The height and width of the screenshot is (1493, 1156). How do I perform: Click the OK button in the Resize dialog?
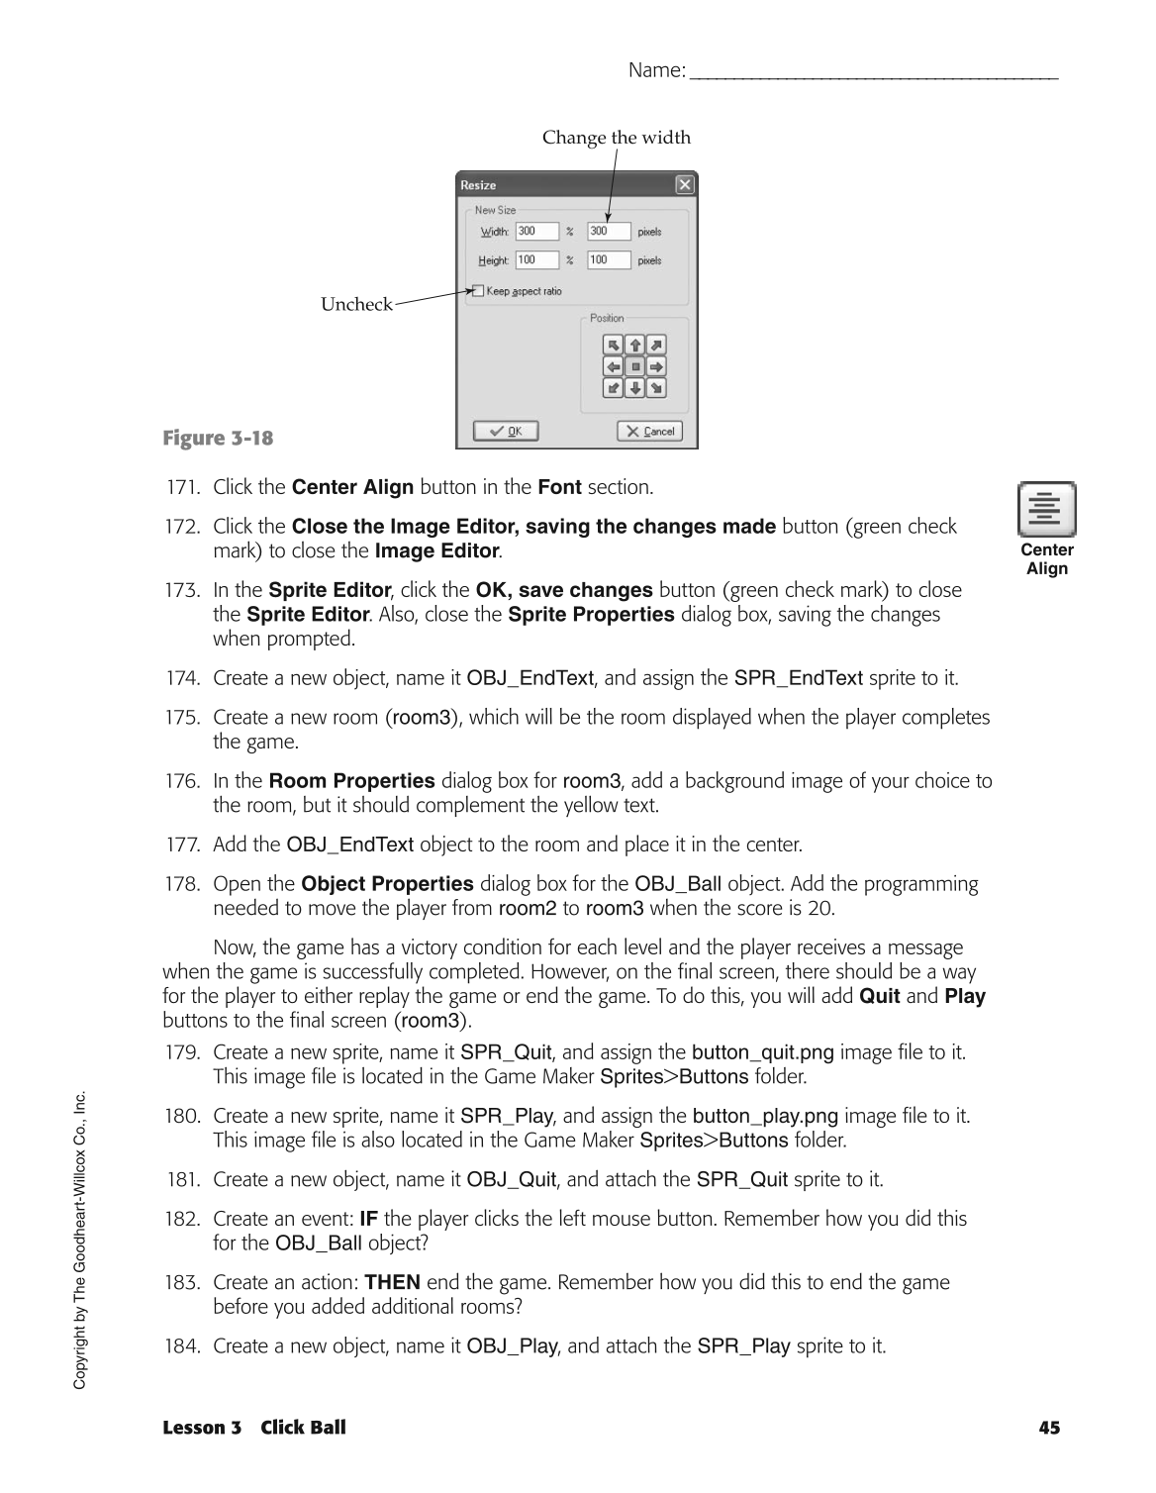(505, 431)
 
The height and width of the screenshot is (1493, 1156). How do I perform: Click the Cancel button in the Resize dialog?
(649, 431)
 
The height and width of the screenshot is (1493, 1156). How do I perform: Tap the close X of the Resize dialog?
(685, 185)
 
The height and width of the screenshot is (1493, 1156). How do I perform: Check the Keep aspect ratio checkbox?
(478, 291)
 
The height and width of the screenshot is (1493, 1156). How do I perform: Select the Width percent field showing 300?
(536, 231)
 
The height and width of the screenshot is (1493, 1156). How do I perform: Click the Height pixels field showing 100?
(608, 260)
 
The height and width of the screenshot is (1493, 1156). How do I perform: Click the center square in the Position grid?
(635, 366)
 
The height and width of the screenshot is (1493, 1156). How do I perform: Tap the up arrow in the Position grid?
(635, 345)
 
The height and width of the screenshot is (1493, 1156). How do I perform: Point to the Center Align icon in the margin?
(1046, 509)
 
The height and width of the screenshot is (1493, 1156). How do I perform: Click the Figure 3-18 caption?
(218, 438)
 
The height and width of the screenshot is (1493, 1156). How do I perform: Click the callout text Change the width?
(616, 138)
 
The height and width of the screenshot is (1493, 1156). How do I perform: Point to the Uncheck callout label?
(356, 305)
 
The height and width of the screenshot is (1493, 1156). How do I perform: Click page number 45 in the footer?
(1049, 1428)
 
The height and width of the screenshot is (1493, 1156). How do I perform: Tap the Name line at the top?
(871, 71)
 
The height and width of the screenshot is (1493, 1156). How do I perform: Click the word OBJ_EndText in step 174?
(530, 678)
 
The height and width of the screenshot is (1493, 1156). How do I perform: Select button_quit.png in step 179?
(762, 1052)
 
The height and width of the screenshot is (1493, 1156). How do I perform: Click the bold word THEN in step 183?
(392, 1283)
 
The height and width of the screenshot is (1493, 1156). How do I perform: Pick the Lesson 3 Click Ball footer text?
(254, 1428)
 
